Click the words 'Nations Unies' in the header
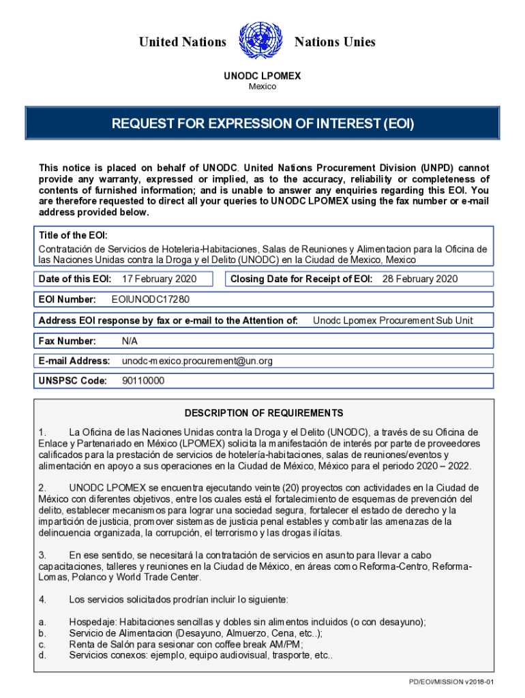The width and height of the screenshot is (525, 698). pyautogui.click(x=334, y=42)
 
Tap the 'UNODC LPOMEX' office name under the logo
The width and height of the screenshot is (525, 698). pyautogui.click(x=262, y=77)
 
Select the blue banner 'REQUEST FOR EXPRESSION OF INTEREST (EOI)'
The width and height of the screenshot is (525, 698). pyautogui.click(x=262, y=125)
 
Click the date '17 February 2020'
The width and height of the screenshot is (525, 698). pyautogui.click(x=159, y=279)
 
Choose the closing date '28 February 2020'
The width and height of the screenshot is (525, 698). pyautogui.click(x=420, y=279)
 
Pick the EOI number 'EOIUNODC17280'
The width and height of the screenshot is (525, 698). pyautogui.click(x=150, y=299)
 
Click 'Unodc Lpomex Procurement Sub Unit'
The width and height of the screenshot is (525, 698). pyautogui.click(x=393, y=320)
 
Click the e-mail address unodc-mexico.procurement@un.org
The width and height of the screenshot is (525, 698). pyautogui.click(x=197, y=361)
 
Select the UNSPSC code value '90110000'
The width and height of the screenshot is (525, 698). pyautogui.click(x=143, y=381)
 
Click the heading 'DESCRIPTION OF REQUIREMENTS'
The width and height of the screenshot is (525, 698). pyautogui.click(x=264, y=413)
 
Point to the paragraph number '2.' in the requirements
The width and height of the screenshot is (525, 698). pyautogui.click(x=42, y=488)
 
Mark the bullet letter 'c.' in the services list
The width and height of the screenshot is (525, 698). pyautogui.click(x=42, y=644)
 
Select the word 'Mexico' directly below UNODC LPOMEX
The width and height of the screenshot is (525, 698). pyautogui.click(x=262, y=87)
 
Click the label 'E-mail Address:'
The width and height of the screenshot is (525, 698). pyautogui.click(x=74, y=361)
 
